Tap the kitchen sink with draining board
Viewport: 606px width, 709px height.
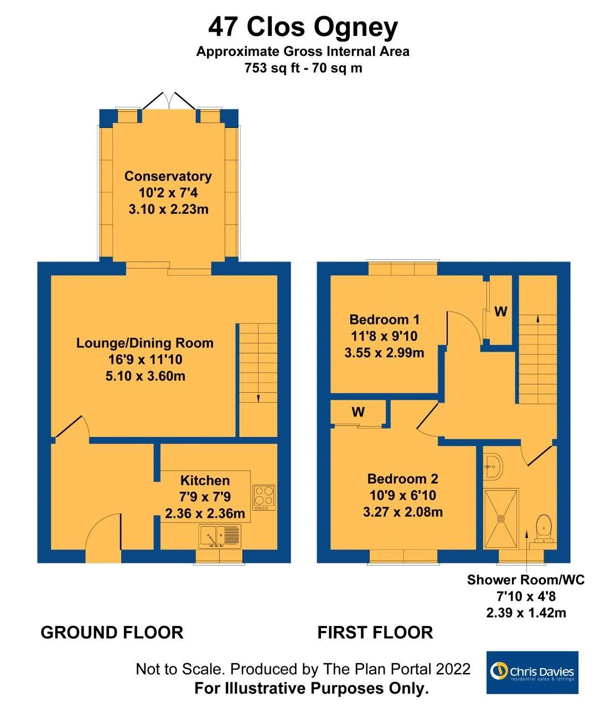pos(220,536)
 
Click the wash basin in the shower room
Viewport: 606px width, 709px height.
pos(493,466)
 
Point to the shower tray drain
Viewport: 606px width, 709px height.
pos(501,518)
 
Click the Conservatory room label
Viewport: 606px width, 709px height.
pos(168,176)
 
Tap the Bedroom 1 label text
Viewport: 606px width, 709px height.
pos(384,320)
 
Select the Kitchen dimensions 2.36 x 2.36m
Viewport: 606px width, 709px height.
pos(205,513)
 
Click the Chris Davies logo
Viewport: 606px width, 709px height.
pos(532,672)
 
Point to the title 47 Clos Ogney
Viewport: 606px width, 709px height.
pos(303,27)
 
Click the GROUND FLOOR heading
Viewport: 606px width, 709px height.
pos(112,632)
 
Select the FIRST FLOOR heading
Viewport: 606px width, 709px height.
pos(375,632)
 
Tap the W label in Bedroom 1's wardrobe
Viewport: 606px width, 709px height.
pos(501,311)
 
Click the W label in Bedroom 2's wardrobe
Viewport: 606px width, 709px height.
pos(358,412)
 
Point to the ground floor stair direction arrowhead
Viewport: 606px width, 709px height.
pos(258,398)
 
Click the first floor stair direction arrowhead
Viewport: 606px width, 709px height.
pos(538,319)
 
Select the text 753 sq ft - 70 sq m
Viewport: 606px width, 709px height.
pos(303,68)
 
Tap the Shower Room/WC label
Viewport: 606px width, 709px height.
pos(526,579)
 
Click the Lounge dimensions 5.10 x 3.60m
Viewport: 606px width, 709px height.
pos(146,376)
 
